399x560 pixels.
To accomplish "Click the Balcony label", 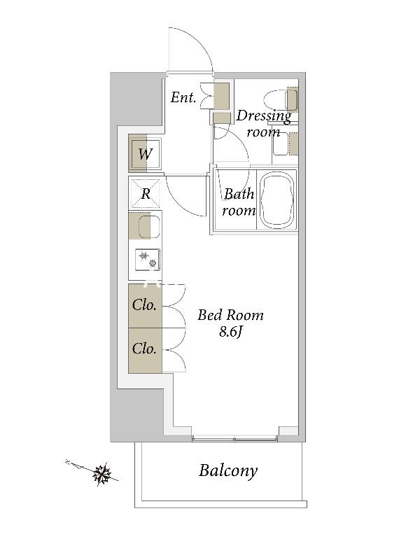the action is [x=228, y=470].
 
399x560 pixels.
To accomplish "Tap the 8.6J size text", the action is [x=231, y=332].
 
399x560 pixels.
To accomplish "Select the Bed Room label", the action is [x=230, y=315].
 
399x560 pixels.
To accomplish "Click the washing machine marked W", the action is [x=145, y=154].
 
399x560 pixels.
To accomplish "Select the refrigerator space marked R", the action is [x=146, y=193].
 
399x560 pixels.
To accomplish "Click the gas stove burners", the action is [x=148, y=260].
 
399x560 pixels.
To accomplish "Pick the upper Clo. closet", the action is [x=145, y=305].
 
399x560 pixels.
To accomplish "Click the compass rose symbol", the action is [x=101, y=475].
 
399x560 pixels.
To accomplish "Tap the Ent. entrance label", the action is [x=183, y=97].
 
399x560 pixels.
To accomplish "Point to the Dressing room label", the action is [x=264, y=124].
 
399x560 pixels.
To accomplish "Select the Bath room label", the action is [x=239, y=202].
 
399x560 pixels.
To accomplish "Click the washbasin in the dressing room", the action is [x=281, y=144].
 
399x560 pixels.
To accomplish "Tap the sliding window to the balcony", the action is [x=234, y=438].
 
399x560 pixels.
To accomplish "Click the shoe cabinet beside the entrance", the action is [x=221, y=95].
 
